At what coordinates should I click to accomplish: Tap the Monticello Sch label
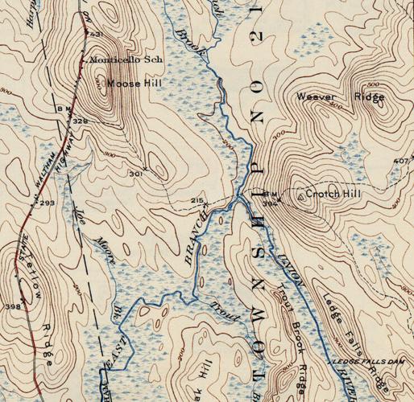point(118,59)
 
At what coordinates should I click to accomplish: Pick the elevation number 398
point(13,306)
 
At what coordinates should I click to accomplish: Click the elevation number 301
point(135,173)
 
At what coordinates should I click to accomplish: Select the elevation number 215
point(197,200)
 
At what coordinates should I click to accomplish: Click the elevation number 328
point(80,121)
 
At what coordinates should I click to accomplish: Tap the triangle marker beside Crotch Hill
point(300,195)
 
